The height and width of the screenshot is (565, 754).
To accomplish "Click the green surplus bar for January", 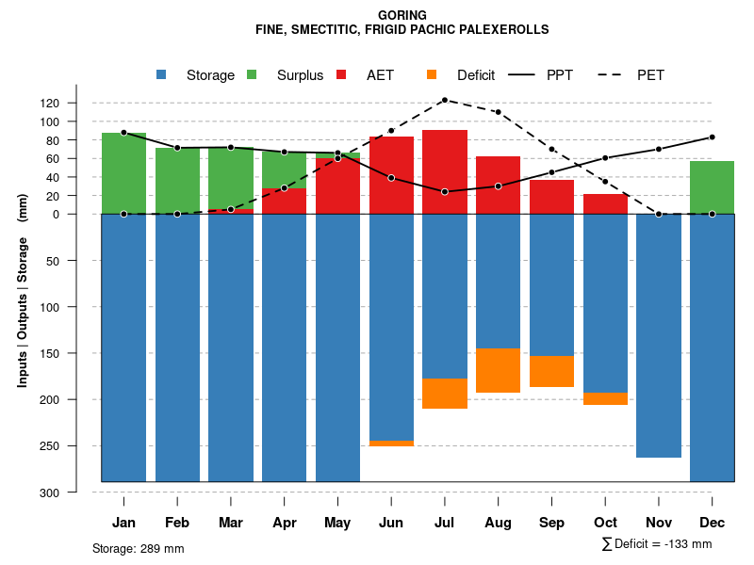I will pyautogui.click(x=123, y=173).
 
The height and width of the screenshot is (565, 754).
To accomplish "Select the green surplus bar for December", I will pyautogui.click(x=712, y=187).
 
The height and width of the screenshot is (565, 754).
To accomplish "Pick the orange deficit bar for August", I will pyautogui.click(x=498, y=370).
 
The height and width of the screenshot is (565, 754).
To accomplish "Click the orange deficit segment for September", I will pyautogui.click(x=551, y=371).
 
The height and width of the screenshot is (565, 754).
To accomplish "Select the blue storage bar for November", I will pyautogui.click(x=659, y=335).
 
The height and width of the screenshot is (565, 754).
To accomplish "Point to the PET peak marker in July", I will pyautogui.click(x=445, y=100).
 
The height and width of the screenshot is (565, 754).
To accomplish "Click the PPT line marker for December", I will pyautogui.click(x=712, y=137).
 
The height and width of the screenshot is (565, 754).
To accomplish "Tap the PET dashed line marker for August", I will pyautogui.click(x=498, y=112).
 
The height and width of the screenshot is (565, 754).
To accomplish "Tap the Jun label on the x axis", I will pyautogui.click(x=391, y=523).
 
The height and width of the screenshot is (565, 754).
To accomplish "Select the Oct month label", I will pyautogui.click(x=605, y=523).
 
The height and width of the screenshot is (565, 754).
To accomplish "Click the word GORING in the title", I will pyautogui.click(x=402, y=15).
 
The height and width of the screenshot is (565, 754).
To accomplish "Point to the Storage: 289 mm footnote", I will pyautogui.click(x=138, y=548).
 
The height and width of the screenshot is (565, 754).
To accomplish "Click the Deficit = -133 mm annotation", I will pyautogui.click(x=657, y=544).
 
